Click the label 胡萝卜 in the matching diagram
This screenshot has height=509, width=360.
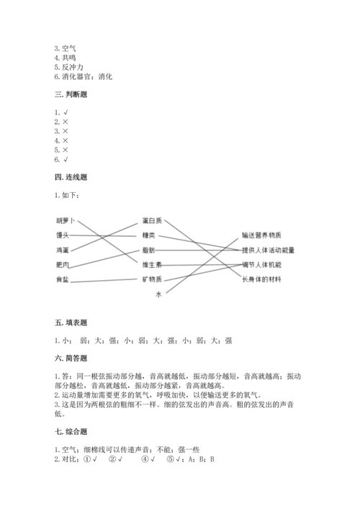[x=66, y=220]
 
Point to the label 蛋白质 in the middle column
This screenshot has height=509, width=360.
[x=152, y=220]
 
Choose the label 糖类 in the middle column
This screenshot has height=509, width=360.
[x=148, y=235]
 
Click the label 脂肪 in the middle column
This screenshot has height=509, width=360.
[x=148, y=249]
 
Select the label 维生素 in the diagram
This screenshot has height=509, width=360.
[x=152, y=264]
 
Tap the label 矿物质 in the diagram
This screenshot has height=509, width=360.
[x=152, y=279]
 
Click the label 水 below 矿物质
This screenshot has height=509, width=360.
[x=158, y=294]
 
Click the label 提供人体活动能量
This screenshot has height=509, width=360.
[x=268, y=250]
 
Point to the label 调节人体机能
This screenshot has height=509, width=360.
[x=261, y=264]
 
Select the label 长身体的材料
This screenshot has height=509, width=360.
[x=261, y=279]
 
